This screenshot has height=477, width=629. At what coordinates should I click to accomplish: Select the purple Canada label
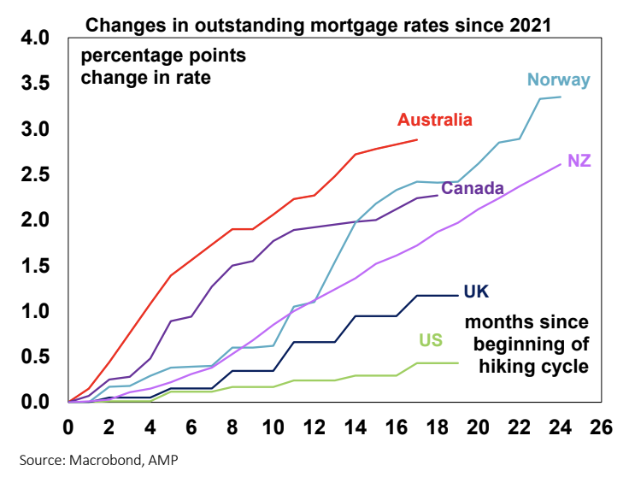[x=473, y=187]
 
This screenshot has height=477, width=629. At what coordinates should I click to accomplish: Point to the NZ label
[x=579, y=161]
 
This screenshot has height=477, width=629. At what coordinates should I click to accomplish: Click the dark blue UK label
[x=476, y=291]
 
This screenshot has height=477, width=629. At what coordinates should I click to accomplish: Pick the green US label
[x=430, y=341]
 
